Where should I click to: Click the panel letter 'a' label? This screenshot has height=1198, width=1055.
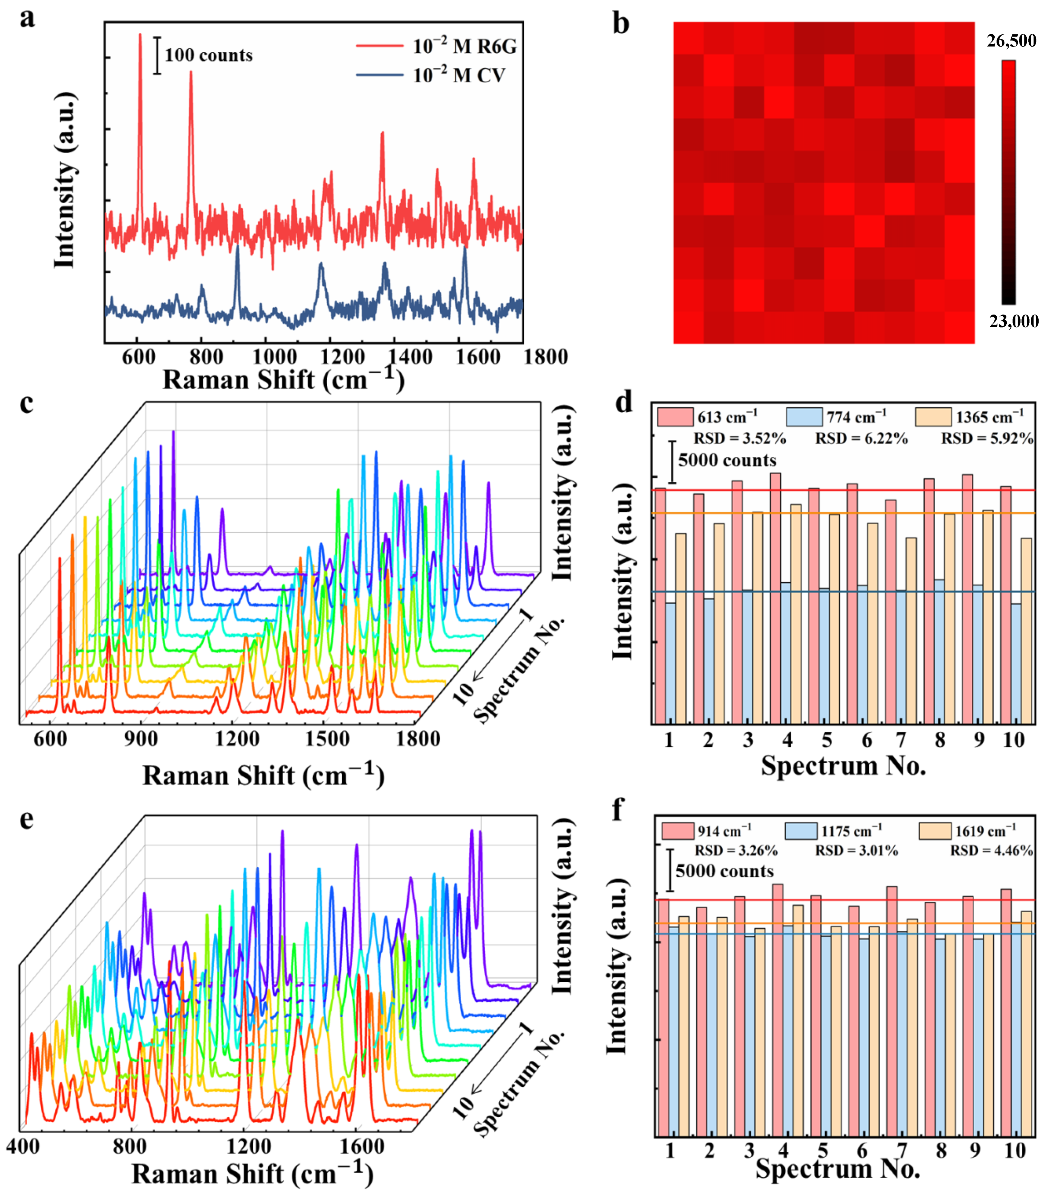tap(27, 18)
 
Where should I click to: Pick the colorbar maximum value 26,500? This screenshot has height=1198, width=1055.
tap(1011, 41)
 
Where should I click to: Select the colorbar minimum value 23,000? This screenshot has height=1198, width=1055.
tap(1013, 321)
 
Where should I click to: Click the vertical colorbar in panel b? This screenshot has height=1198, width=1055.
tap(1008, 182)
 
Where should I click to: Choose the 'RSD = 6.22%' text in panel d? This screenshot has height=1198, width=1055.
tap(861, 438)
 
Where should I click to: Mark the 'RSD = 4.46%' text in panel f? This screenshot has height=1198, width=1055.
tap(991, 851)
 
